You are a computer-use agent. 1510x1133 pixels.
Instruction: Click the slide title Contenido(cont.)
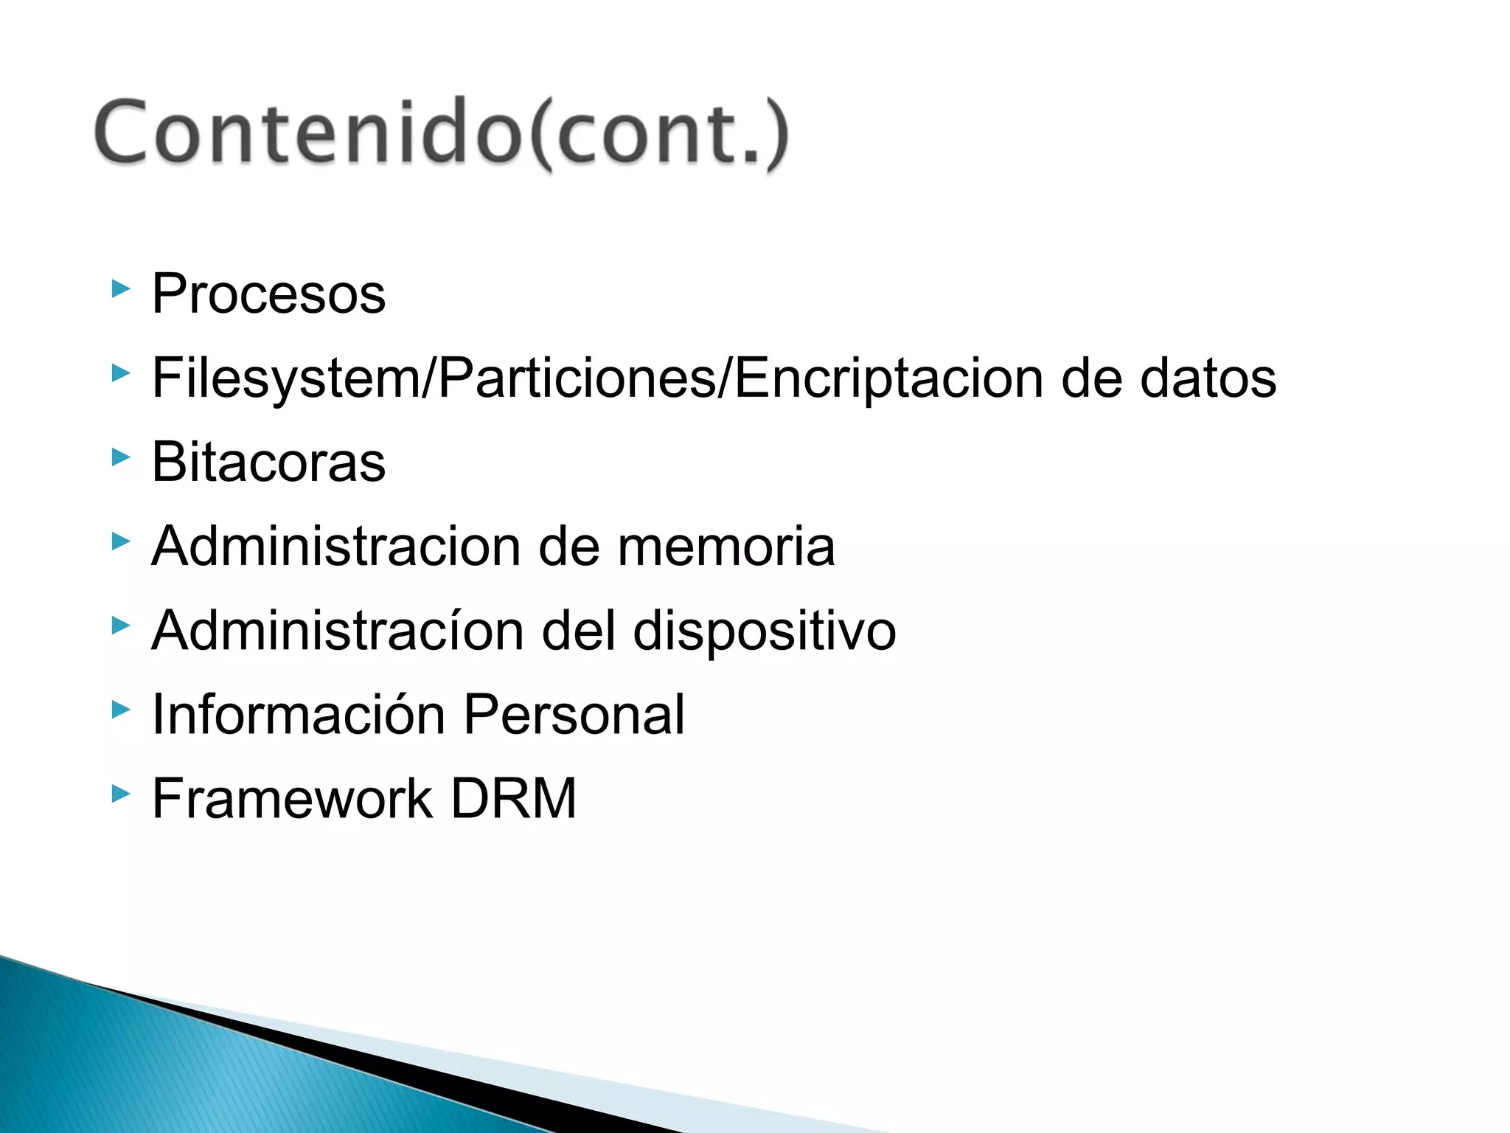(441, 133)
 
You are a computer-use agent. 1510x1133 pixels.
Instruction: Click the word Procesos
(268, 294)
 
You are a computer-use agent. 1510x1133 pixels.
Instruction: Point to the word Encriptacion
(888, 378)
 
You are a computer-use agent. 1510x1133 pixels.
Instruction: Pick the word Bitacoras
(268, 462)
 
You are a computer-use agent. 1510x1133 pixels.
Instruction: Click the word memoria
(726, 547)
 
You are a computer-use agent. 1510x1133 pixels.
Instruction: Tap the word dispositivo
(765, 631)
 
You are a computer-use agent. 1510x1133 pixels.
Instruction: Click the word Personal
(574, 715)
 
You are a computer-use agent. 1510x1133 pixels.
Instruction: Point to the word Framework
(292, 799)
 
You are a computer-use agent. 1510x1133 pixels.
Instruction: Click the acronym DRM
(513, 799)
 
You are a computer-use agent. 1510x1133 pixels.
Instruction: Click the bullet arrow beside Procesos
(120, 288)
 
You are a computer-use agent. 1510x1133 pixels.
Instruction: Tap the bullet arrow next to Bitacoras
(120, 457)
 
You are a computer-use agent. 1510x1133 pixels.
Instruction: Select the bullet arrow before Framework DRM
(120, 794)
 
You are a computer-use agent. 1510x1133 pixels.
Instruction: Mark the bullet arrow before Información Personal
(120, 710)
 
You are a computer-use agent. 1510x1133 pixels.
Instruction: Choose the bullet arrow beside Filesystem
(120, 373)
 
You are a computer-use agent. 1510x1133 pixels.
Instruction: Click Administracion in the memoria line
(335, 547)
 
